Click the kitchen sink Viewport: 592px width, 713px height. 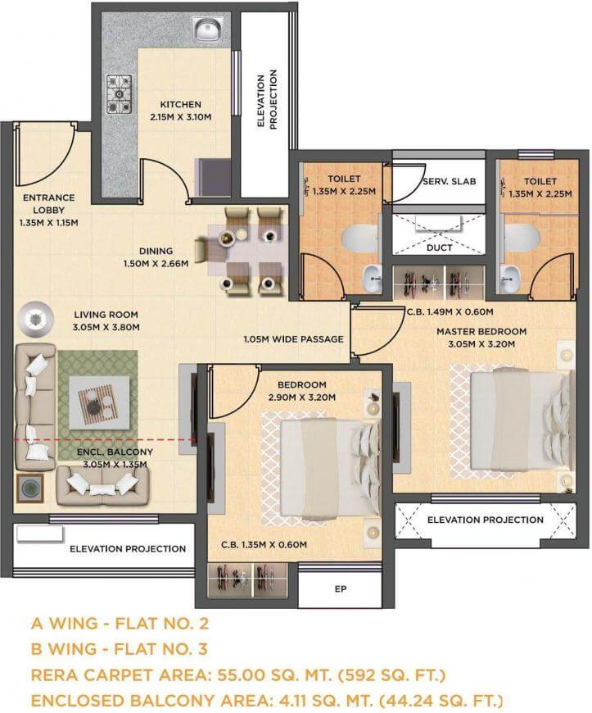(x=209, y=30)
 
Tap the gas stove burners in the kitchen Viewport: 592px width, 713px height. (x=119, y=93)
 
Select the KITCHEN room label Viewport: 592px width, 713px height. (x=180, y=104)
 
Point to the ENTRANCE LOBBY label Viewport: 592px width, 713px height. (x=48, y=204)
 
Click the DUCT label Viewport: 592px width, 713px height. (x=440, y=248)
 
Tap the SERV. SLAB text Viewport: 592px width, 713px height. (x=450, y=181)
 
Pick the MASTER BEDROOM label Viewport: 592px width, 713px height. (x=481, y=331)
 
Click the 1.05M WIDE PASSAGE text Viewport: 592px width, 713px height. (x=293, y=338)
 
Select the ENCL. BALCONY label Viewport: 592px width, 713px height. (x=115, y=452)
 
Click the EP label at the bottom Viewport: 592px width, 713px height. (x=341, y=589)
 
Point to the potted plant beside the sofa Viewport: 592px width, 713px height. (x=30, y=488)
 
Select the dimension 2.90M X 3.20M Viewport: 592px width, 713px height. (x=301, y=397)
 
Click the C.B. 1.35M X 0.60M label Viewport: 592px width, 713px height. (x=264, y=544)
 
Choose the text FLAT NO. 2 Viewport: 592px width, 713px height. (x=162, y=623)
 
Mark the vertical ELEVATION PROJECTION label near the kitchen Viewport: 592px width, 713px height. (x=267, y=100)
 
